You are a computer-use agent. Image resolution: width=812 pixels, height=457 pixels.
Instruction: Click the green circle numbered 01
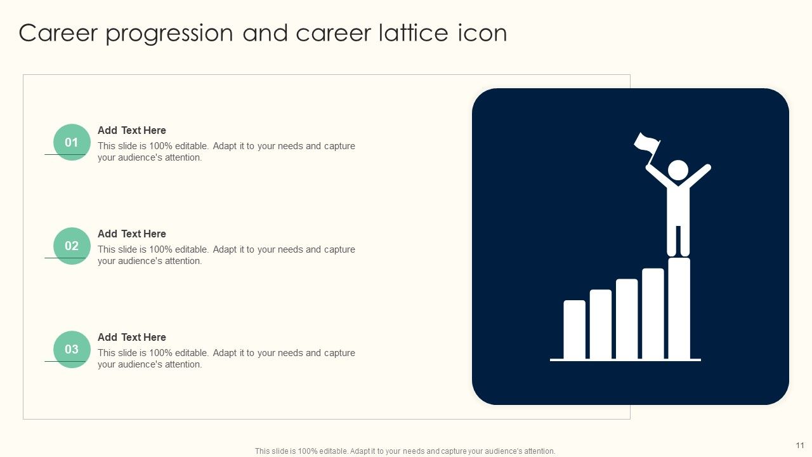click(72, 142)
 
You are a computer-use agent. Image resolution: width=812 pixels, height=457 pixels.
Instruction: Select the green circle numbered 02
click(72, 246)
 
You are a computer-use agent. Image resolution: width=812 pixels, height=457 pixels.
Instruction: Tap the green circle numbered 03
click(72, 349)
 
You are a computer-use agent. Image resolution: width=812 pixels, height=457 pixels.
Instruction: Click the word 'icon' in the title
click(482, 33)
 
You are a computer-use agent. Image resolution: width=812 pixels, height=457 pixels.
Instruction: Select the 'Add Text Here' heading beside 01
click(131, 130)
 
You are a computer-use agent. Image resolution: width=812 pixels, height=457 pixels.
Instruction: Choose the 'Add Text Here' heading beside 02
click(131, 234)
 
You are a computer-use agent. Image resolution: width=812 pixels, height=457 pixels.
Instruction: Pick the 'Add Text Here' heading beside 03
click(131, 337)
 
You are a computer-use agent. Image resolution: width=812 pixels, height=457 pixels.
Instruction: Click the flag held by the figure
click(646, 142)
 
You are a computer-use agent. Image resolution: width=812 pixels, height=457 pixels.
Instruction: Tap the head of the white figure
click(678, 169)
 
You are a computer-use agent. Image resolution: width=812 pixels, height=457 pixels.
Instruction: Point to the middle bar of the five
click(627, 319)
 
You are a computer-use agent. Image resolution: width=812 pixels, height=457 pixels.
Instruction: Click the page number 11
click(799, 445)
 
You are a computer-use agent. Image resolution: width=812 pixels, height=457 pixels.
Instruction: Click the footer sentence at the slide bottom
click(405, 451)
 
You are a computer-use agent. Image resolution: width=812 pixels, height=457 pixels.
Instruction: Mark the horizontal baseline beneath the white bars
click(625, 360)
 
